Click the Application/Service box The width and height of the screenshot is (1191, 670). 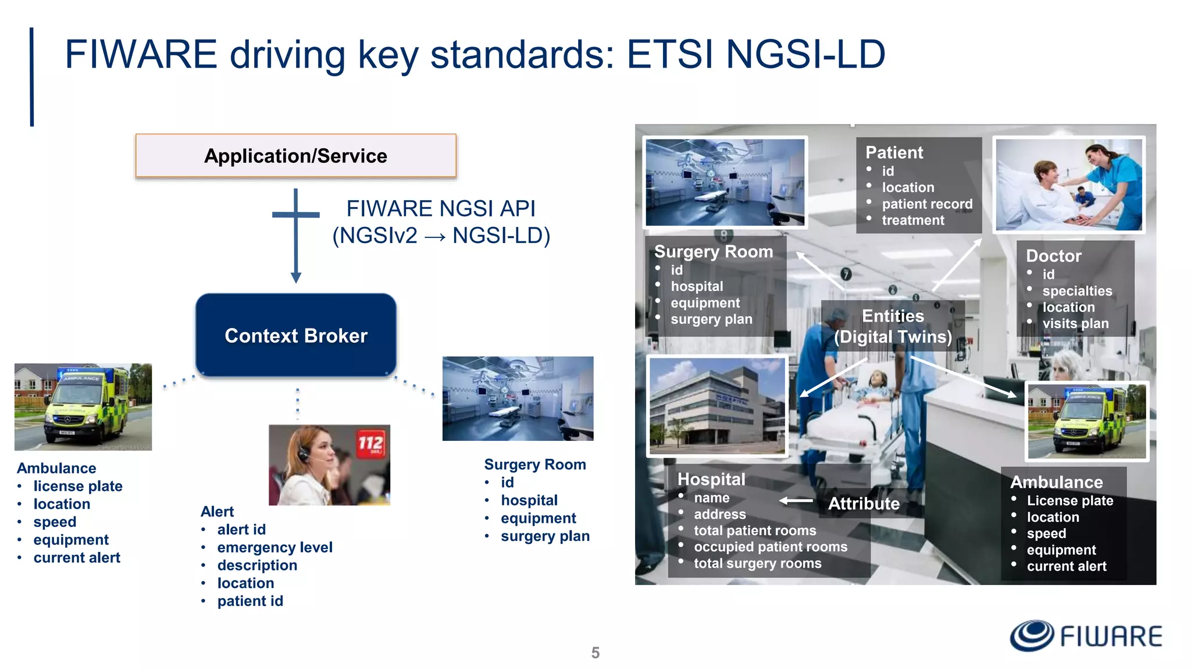[295, 156]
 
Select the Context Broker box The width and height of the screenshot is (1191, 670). [296, 336]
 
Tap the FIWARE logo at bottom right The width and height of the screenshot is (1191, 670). [1086, 636]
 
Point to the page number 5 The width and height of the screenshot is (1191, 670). [595, 653]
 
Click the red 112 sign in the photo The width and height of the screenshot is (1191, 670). [370, 444]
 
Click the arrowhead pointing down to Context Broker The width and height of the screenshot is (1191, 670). [296, 277]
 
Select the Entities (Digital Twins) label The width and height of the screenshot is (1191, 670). [893, 326]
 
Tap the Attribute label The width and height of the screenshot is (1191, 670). [864, 503]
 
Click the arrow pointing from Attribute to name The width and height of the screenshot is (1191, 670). [796, 500]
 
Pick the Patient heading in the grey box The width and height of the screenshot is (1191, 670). [894, 152]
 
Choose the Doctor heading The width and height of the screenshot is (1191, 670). [1053, 256]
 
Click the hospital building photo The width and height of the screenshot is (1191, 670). [717, 405]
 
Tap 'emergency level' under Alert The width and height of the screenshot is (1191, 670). [274, 547]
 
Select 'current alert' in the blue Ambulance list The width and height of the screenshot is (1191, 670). [77, 558]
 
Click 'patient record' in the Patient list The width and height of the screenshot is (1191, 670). [927, 204]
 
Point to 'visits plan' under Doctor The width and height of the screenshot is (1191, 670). [1075, 323]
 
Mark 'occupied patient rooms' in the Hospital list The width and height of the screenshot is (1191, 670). [771, 547]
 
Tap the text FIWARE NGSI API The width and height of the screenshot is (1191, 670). [441, 208]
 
